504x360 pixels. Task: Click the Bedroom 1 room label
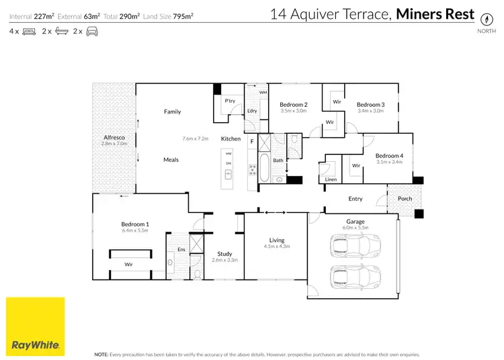[135, 224]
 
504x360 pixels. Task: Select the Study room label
[224, 254]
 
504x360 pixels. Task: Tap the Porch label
[405, 198]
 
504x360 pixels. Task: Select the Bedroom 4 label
[389, 154]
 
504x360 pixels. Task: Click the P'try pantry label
[229, 101]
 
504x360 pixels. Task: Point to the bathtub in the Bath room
[263, 168]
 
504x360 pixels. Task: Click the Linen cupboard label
[330, 179]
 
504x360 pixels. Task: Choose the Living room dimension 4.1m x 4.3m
[276, 247]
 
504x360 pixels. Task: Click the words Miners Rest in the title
[435, 13]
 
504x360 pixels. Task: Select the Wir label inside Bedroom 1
[128, 265]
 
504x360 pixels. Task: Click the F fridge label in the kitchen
[252, 141]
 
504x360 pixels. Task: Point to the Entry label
[355, 199]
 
